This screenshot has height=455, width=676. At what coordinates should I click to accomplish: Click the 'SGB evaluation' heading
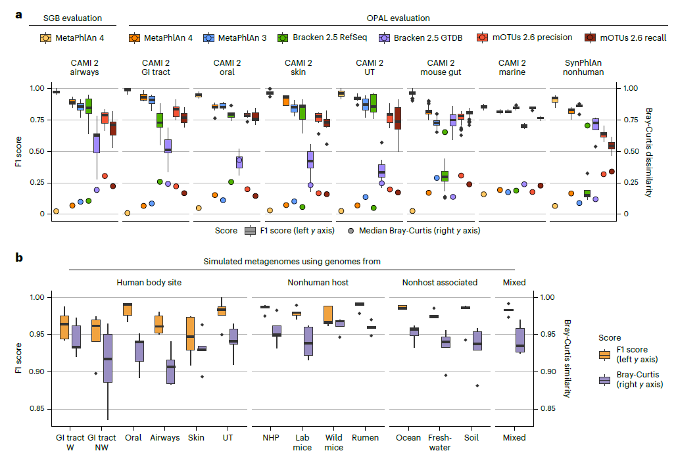click(x=73, y=18)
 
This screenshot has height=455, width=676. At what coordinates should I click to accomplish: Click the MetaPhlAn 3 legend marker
click(x=208, y=38)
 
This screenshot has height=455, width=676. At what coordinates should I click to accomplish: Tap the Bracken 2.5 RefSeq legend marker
click(x=282, y=38)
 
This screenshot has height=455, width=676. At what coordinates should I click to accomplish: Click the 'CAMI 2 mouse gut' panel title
click(x=446, y=67)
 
